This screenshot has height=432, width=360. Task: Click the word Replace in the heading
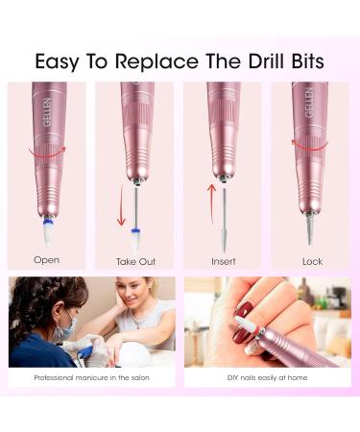click(156, 60)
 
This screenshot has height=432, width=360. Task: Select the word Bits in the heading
click(307, 60)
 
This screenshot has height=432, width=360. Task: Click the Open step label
click(47, 260)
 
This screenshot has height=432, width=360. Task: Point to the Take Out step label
click(135, 261)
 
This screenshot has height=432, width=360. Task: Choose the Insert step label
click(224, 261)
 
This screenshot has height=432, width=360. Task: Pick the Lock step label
click(312, 261)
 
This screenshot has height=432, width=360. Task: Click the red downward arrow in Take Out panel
click(121, 204)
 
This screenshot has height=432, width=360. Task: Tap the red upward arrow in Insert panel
click(211, 204)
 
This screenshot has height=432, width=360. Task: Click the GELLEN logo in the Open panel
click(47, 112)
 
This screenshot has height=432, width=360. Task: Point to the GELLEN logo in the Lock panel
click(309, 102)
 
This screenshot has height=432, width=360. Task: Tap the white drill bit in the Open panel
click(48, 232)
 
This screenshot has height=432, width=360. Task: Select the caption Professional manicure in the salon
click(92, 377)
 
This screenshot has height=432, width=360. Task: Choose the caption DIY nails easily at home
click(267, 377)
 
